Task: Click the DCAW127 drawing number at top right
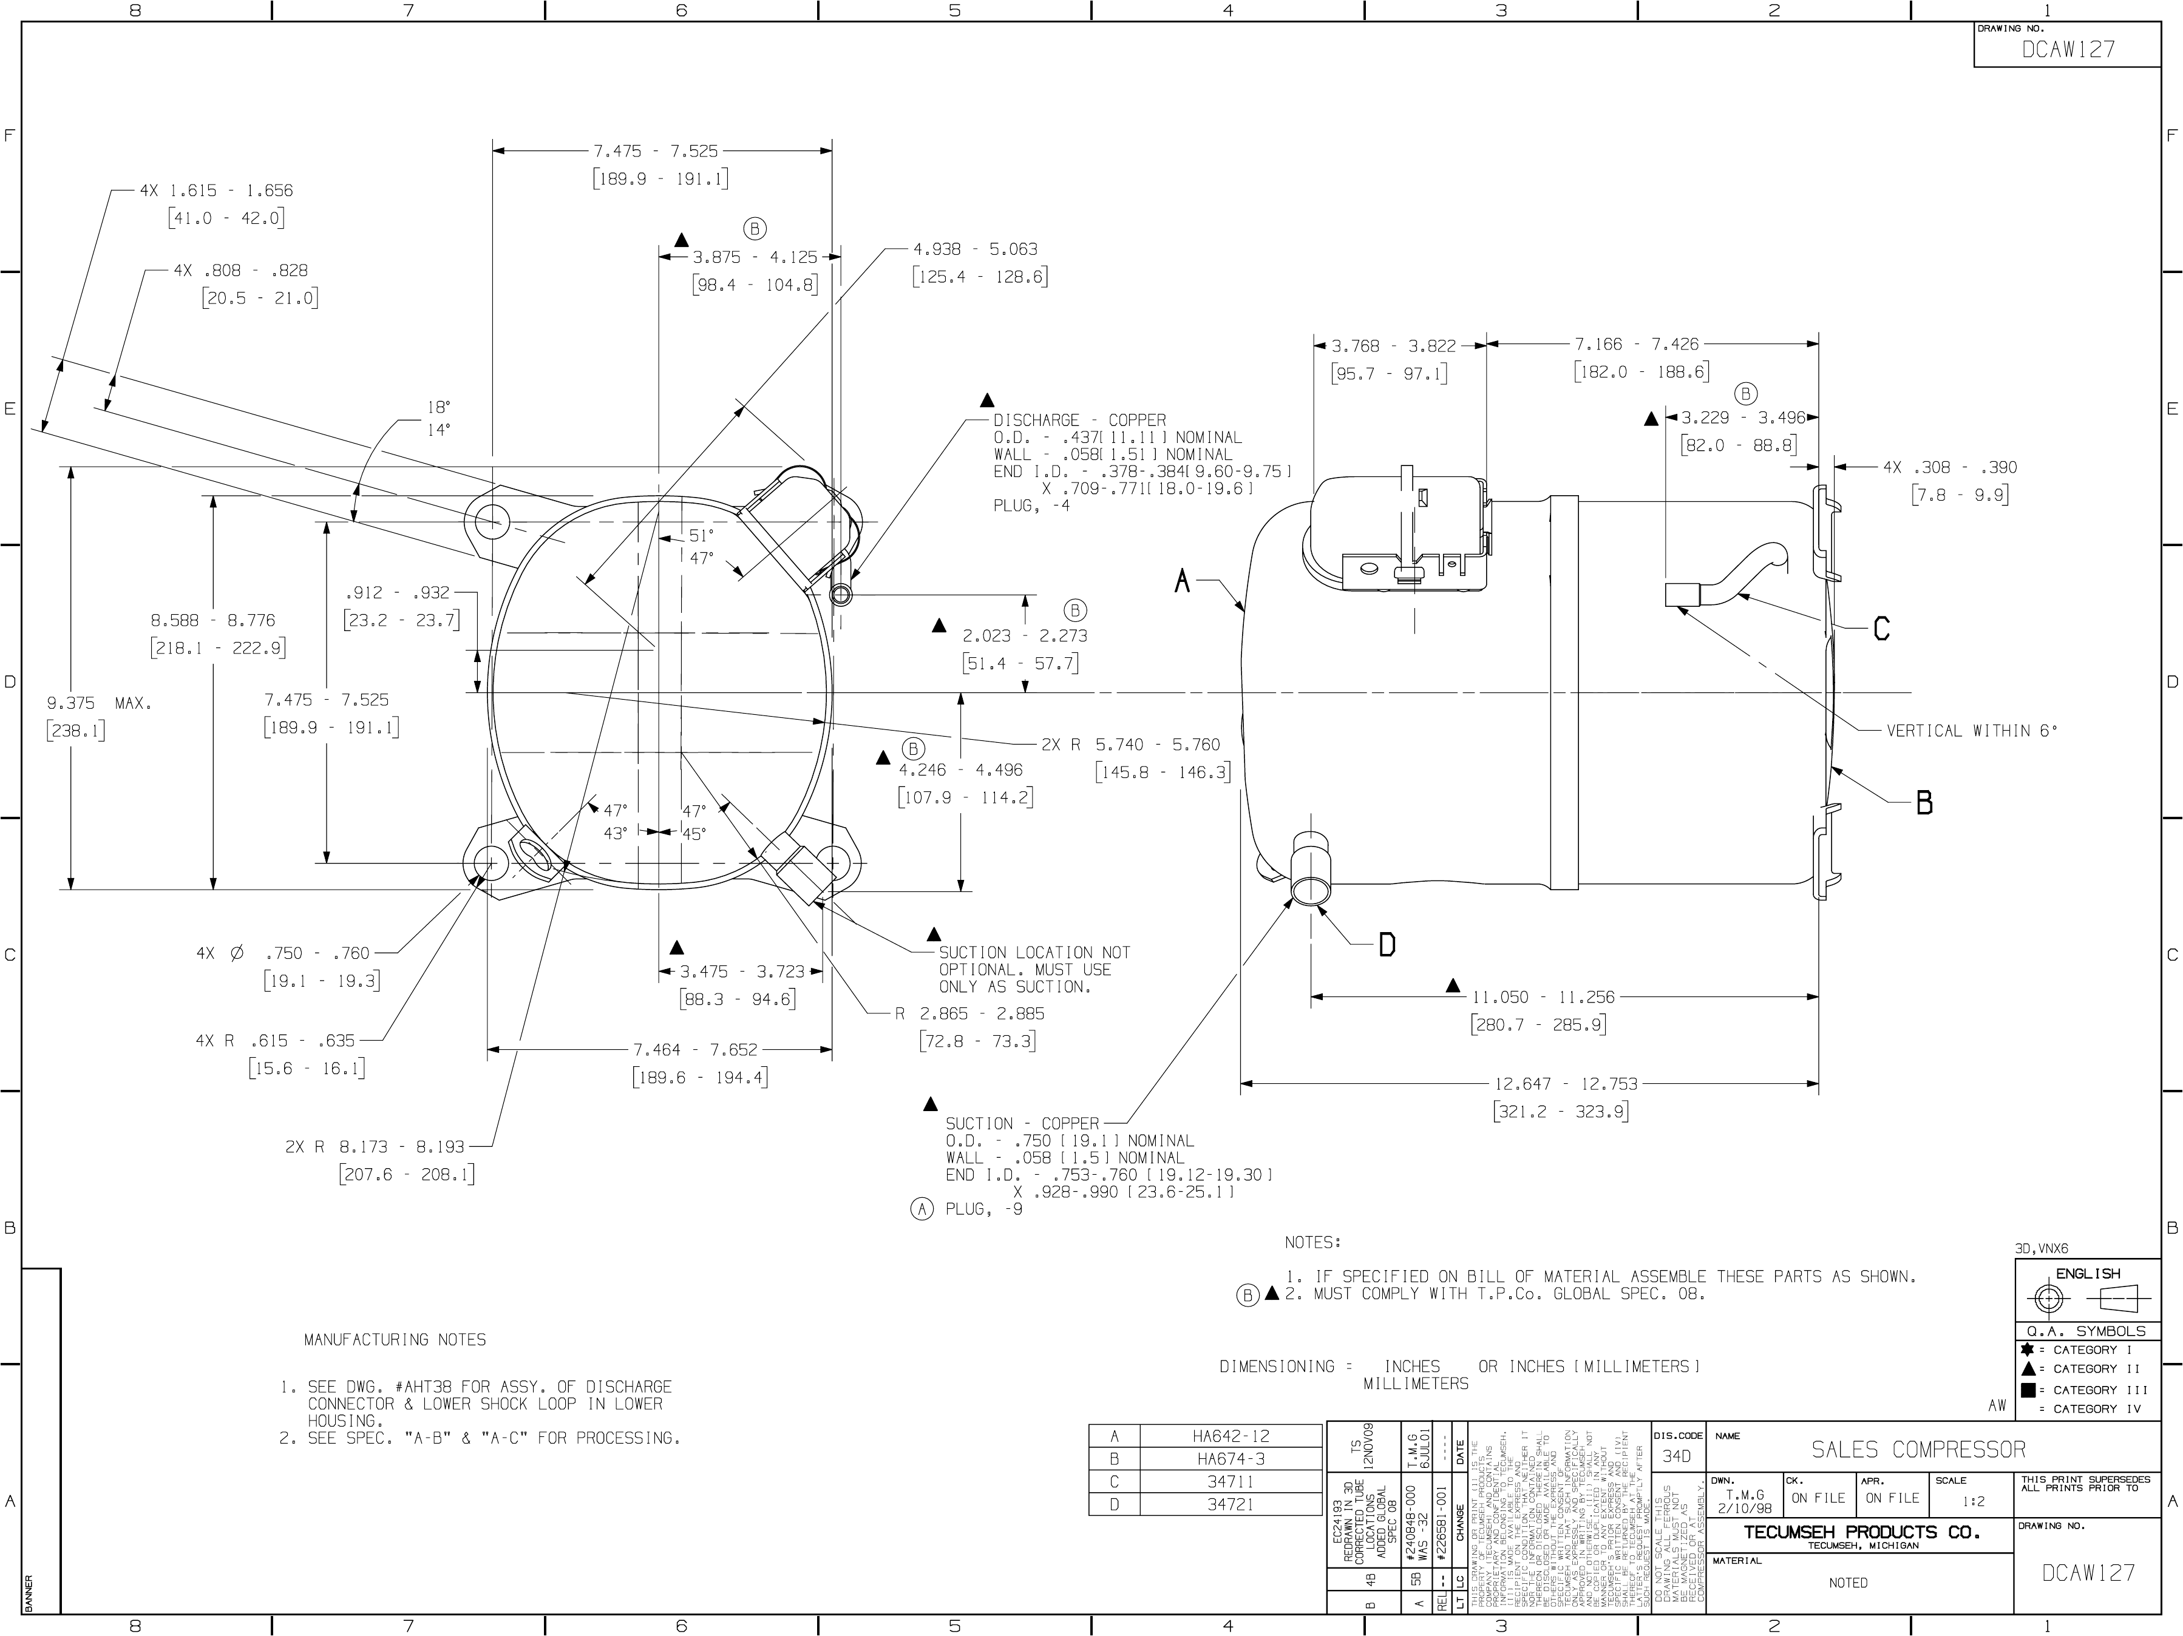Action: [2068, 49]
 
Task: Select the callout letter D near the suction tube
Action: [1387, 945]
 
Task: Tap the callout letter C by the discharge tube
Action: [1881, 629]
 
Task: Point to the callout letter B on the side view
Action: [1923, 803]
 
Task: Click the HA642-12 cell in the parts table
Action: [1232, 1437]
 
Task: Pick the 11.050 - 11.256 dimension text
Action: [1544, 996]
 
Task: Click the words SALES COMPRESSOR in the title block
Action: [1918, 1450]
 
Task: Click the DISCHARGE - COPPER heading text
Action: [1079, 421]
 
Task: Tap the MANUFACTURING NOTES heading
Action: [395, 1340]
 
